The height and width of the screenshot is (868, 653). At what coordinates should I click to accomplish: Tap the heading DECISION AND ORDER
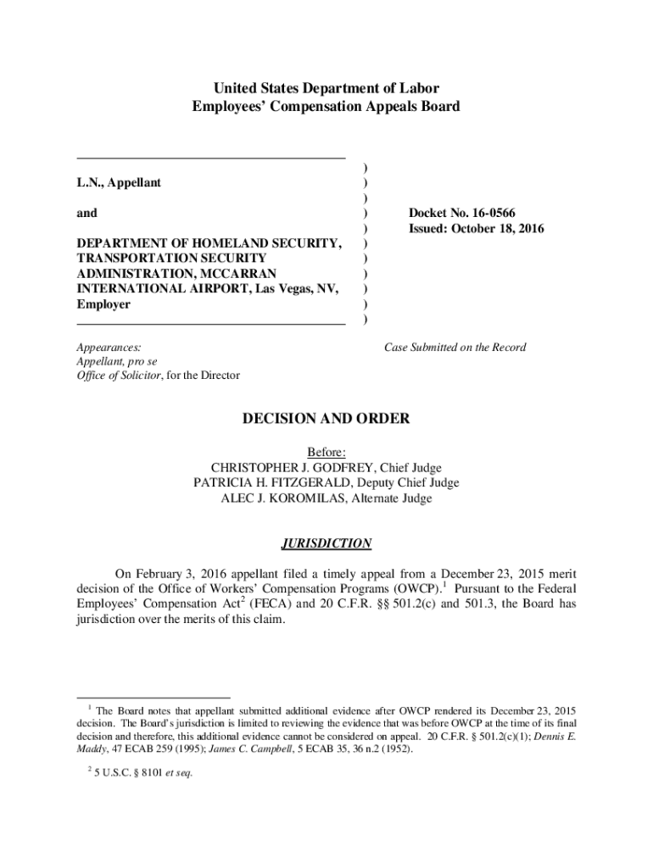point(326,419)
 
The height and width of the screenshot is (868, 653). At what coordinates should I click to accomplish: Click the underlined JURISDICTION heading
point(326,543)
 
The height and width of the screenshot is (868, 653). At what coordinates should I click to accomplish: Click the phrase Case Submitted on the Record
point(455,348)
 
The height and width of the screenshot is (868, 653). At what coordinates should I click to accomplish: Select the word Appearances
point(109,348)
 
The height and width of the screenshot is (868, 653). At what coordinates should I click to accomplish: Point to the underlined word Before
point(326,453)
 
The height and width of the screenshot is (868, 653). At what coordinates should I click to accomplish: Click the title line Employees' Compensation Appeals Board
point(326,107)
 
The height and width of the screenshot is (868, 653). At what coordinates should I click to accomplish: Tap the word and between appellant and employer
point(87,214)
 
